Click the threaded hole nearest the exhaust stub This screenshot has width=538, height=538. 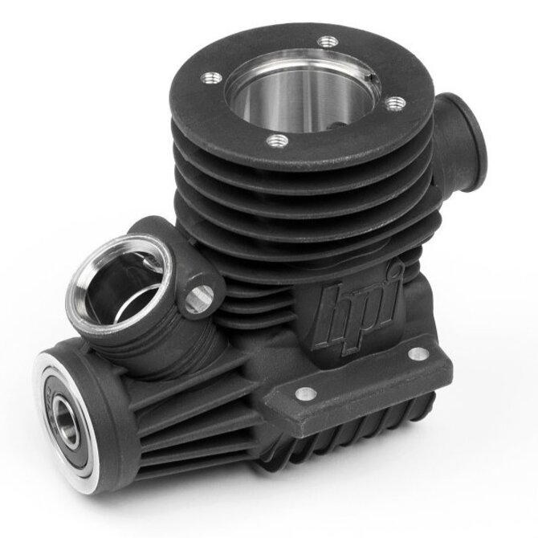point(395,104)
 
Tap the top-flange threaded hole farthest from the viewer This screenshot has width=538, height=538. point(328,43)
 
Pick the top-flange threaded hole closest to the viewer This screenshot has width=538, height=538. point(277,141)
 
